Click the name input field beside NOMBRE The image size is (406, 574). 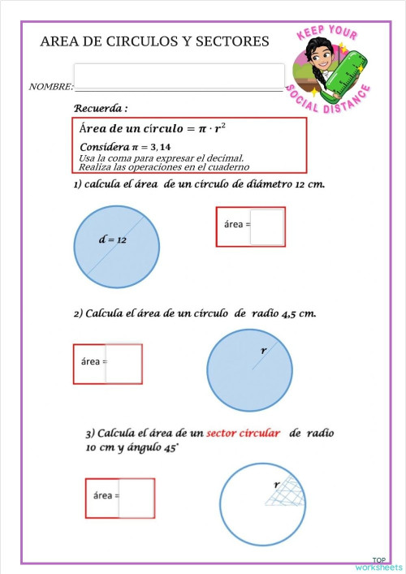coord(179,76)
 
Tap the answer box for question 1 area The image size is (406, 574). coord(267,227)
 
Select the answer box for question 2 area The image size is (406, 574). coord(123,363)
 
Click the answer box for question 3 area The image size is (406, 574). coord(136,498)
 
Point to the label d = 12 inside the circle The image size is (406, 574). coord(112,240)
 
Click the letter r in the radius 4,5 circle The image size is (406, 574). coord(263,350)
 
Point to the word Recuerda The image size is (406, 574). coord(101,108)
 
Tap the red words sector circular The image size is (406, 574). coord(243,434)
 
